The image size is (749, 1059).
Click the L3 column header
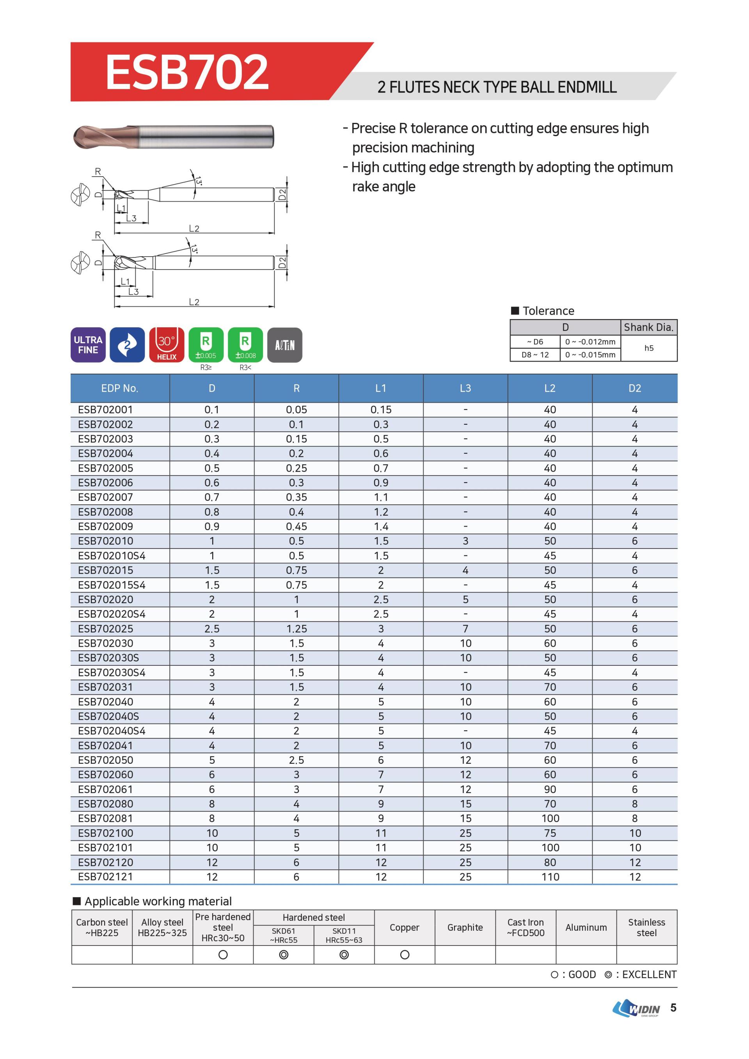465,388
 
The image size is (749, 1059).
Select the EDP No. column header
119,388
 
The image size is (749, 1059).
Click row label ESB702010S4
112,556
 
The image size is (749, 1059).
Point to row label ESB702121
106,877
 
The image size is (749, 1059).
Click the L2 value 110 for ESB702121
550,877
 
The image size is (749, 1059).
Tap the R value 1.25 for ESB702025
296,629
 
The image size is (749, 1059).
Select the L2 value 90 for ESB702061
550,789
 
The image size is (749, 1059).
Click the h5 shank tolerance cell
648,348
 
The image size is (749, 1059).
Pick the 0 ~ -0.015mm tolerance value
590,355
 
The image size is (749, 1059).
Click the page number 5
673,1008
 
